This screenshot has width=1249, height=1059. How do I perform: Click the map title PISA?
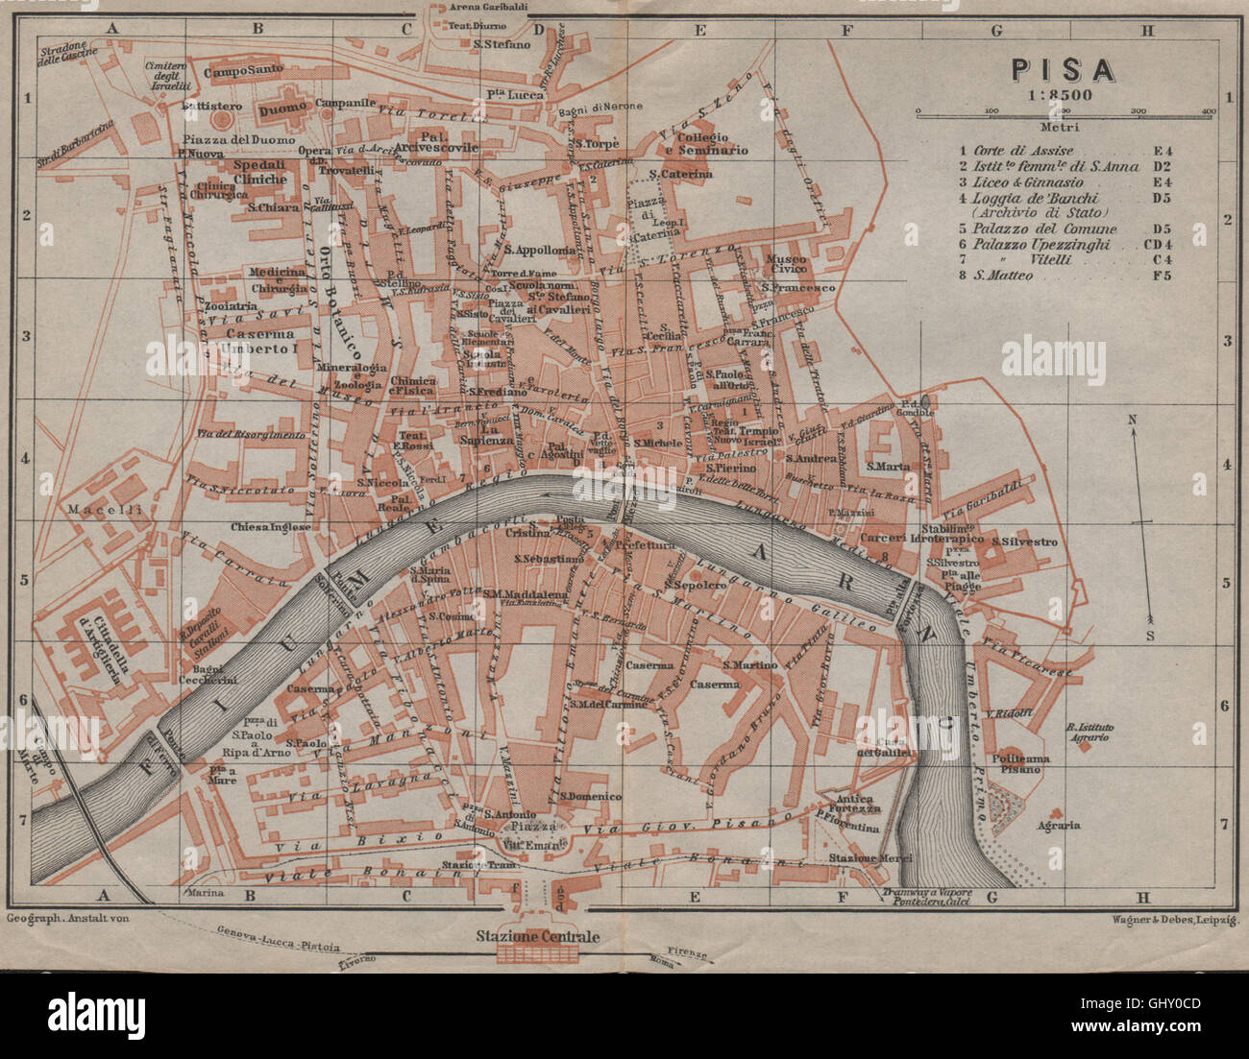[1062, 70]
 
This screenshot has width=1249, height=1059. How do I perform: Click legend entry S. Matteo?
[1004, 276]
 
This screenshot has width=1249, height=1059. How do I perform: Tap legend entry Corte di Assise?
[1023, 151]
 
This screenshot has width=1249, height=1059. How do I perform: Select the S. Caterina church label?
[680, 174]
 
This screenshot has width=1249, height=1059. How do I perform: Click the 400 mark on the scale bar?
[1208, 112]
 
